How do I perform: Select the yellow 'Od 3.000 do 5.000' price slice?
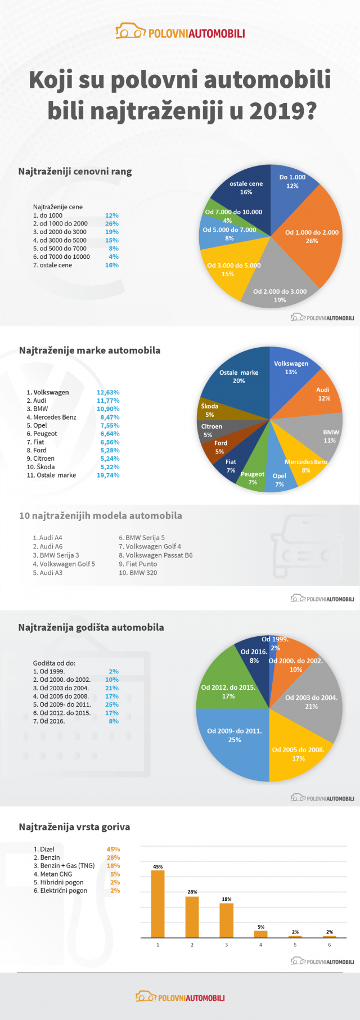coord(228,270)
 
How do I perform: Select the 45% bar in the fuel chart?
coord(157,904)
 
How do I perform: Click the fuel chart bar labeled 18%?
coord(226,920)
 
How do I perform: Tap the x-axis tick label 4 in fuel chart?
coord(261,945)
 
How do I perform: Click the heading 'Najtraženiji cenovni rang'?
coord(75,172)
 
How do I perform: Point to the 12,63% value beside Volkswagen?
coord(108,393)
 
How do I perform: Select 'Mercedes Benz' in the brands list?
coord(55,417)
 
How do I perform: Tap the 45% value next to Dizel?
coord(113,850)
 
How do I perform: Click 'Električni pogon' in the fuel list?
coord(64,891)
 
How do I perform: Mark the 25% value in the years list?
coord(112,704)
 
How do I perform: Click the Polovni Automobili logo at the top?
coord(180,33)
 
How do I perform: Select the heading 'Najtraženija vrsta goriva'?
coord(74,827)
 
